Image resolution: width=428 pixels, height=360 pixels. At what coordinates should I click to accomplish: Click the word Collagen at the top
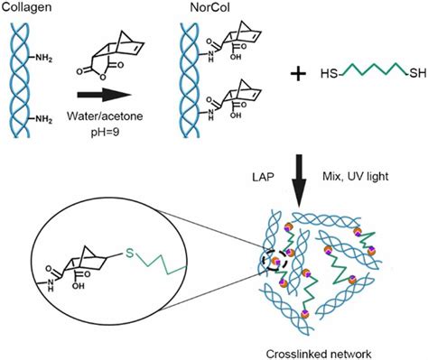(27, 7)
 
